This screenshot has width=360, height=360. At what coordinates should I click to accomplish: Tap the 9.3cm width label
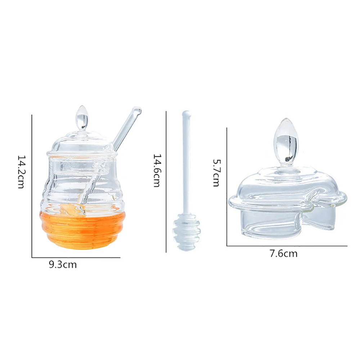tap(63, 265)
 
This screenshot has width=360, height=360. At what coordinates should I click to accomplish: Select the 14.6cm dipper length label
tap(157, 171)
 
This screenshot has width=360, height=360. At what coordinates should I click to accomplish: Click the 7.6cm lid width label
tap(283, 253)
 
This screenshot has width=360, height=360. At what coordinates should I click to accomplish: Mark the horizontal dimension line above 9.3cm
tap(76, 257)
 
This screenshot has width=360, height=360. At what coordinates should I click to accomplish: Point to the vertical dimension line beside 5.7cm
tap(227, 187)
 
